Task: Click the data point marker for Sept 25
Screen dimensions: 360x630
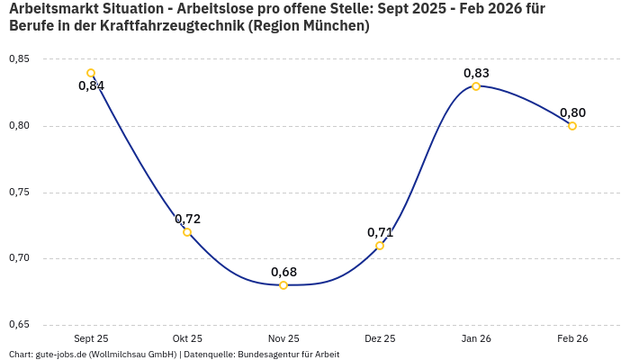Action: [91, 73]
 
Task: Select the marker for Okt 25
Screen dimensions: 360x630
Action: [187, 232]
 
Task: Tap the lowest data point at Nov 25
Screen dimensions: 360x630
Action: [283, 285]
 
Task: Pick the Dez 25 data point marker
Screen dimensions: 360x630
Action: [380, 246]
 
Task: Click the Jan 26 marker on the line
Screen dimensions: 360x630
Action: [476, 86]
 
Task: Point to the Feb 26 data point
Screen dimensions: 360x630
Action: [572, 126]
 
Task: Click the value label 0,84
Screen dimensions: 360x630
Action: [91, 86]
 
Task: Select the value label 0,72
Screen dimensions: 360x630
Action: [187, 219]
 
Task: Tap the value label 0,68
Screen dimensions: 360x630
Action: [283, 272]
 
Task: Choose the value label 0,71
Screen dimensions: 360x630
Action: [380, 232]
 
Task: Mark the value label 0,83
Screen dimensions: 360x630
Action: [476, 73]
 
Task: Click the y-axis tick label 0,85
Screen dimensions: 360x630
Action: [19, 59]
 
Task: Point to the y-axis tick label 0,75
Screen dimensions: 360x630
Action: [19, 193]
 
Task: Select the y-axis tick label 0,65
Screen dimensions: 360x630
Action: [19, 325]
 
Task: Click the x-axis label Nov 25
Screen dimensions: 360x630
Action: [283, 339]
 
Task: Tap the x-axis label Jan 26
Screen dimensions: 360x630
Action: [476, 339]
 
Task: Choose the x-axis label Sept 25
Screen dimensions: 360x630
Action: [91, 339]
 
